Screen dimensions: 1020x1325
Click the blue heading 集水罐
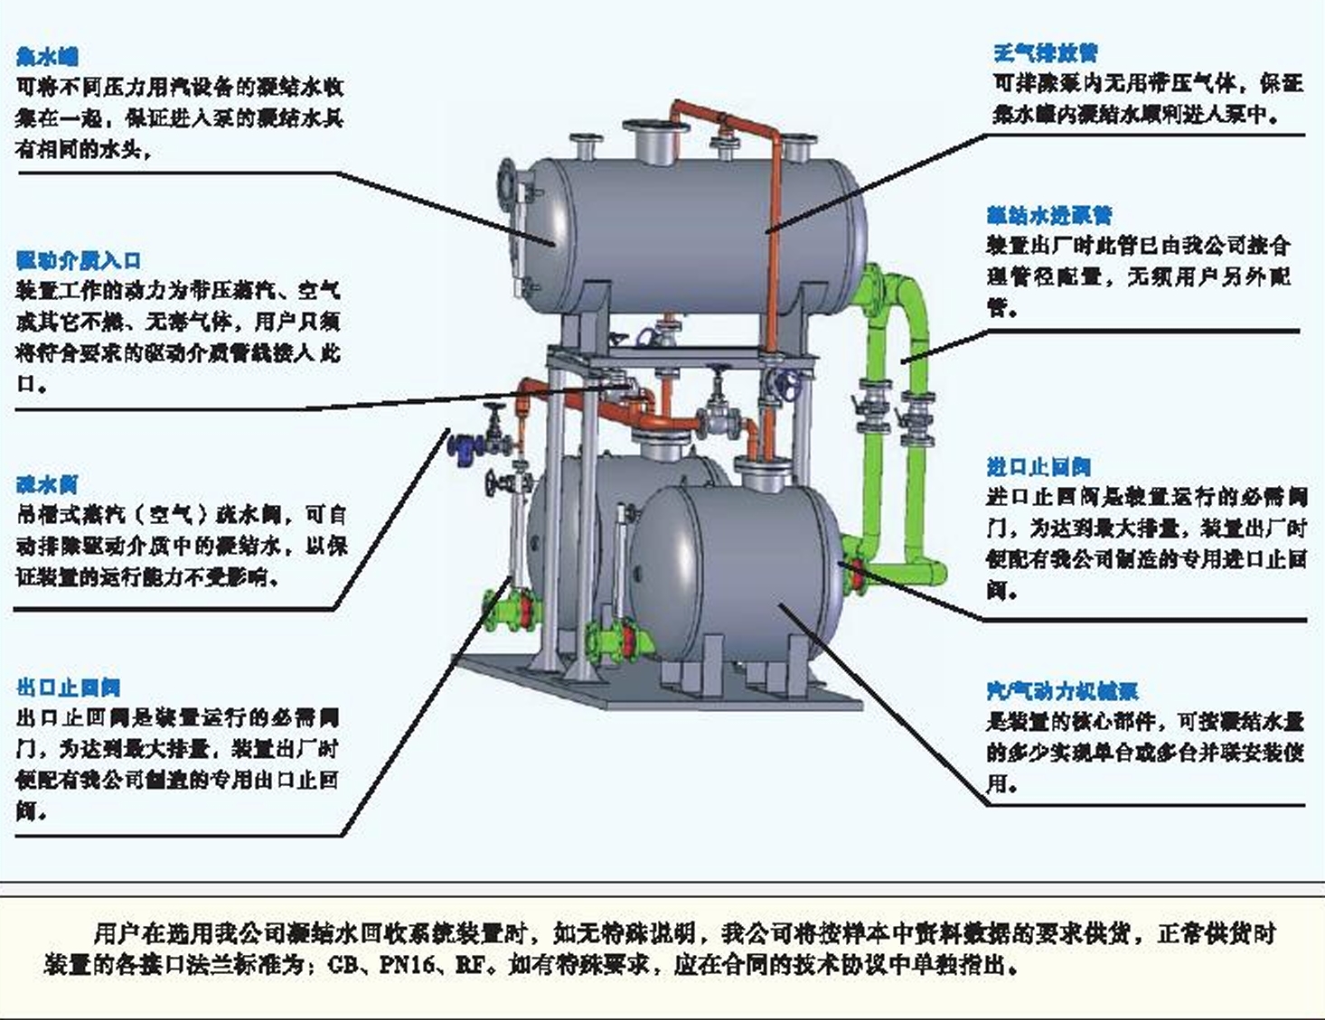(x=47, y=56)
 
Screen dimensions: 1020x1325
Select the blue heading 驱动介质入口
(x=79, y=260)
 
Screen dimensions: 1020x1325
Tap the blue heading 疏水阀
(x=47, y=484)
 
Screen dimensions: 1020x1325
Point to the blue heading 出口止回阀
(x=68, y=688)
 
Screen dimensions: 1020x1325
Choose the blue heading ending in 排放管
(x=1046, y=52)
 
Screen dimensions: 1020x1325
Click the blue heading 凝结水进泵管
(x=1049, y=215)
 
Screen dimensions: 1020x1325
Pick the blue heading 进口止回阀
(x=1038, y=466)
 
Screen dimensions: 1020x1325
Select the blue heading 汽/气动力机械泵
(x=1062, y=691)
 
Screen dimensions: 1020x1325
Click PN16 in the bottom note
(x=409, y=964)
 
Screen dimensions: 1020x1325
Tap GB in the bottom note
(x=343, y=964)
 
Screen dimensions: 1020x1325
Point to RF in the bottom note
(x=470, y=964)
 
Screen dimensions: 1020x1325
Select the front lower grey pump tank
(x=737, y=569)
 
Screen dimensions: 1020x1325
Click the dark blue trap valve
(x=463, y=445)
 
